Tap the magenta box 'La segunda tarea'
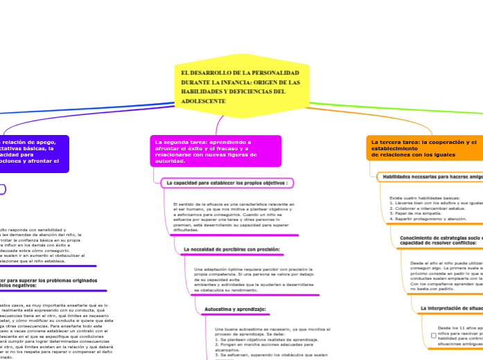(216, 151)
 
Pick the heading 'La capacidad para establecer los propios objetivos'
(227, 183)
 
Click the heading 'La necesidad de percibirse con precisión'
(231, 249)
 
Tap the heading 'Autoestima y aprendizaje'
(235, 309)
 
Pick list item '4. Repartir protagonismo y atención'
(426, 219)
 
